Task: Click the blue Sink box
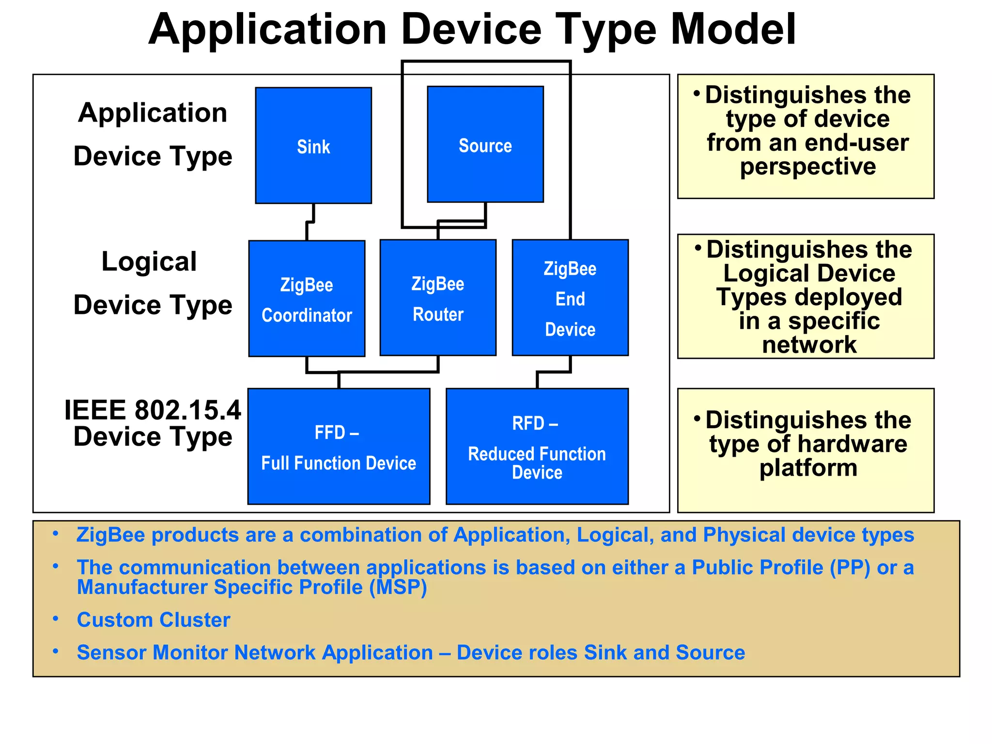click(x=313, y=145)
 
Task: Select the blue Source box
click(x=485, y=144)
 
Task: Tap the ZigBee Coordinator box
click(x=307, y=298)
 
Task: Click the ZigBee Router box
click(x=438, y=297)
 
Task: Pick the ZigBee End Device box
click(x=570, y=297)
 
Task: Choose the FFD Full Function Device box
click(x=339, y=446)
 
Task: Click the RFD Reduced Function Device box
click(x=537, y=446)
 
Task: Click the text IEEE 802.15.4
click(x=153, y=410)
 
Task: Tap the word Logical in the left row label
click(x=149, y=262)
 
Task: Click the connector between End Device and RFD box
click(x=554, y=372)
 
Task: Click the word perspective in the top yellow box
click(x=807, y=167)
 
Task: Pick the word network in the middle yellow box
click(x=809, y=345)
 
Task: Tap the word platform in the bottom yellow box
click(x=808, y=468)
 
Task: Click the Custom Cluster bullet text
click(x=154, y=620)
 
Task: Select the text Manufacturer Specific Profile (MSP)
click(x=252, y=587)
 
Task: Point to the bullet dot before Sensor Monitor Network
click(x=56, y=651)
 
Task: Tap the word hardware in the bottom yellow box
click(x=852, y=444)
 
